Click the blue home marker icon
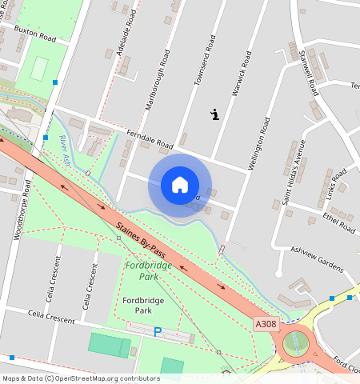click(x=180, y=185)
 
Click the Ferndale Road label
click(x=149, y=139)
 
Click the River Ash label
click(x=65, y=152)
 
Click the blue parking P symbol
click(x=158, y=331)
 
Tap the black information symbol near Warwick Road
click(x=214, y=114)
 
